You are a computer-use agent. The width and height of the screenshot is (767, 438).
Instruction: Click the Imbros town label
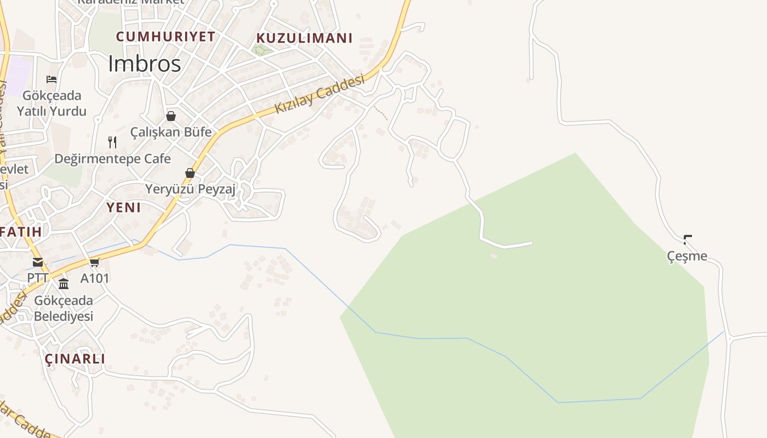pyautogui.click(x=144, y=64)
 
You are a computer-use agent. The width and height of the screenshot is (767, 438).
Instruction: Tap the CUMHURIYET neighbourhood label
pyautogui.click(x=165, y=37)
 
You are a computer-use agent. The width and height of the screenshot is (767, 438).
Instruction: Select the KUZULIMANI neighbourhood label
pyautogui.click(x=305, y=38)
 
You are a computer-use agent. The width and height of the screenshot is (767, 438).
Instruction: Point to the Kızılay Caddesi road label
pyautogui.click(x=319, y=94)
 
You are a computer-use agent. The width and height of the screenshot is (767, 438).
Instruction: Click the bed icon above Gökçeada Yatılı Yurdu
pyautogui.click(x=51, y=79)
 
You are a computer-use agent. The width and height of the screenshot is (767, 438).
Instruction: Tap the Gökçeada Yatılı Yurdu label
pyautogui.click(x=51, y=103)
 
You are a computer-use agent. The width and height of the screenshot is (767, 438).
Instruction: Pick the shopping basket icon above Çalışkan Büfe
pyautogui.click(x=171, y=116)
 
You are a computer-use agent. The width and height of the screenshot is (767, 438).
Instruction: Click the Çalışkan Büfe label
pyautogui.click(x=171, y=132)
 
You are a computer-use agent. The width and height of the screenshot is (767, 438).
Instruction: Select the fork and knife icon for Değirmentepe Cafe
pyautogui.click(x=112, y=142)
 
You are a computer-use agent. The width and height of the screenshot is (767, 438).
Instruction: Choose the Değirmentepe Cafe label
pyautogui.click(x=112, y=159)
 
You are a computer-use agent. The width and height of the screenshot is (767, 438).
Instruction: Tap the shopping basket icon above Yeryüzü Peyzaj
pyautogui.click(x=190, y=173)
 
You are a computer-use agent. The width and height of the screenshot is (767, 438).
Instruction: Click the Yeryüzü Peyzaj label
pyautogui.click(x=190, y=189)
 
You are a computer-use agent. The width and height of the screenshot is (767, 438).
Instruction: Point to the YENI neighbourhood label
pyautogui.click(x=123, y=208)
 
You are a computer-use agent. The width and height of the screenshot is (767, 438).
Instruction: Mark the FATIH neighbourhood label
pyautogui.click(x=21, y=232)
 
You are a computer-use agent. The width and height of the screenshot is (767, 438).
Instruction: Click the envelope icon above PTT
pyautogui.click(x=38, y=262)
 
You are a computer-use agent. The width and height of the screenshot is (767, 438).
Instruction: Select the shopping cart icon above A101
pyautogui.click(x=95, y=262)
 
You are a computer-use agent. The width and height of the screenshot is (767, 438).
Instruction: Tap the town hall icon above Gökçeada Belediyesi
pyautogui.click(x=64, y=284)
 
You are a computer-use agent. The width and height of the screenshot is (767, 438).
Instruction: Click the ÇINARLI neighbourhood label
pyautogui.click(x=75, y=359)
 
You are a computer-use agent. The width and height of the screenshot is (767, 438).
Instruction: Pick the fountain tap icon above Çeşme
pyautogui.click(x=688, y=239)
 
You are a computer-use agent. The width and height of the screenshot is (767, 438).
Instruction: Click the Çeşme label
pyautogui.click(x=687, y=256)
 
